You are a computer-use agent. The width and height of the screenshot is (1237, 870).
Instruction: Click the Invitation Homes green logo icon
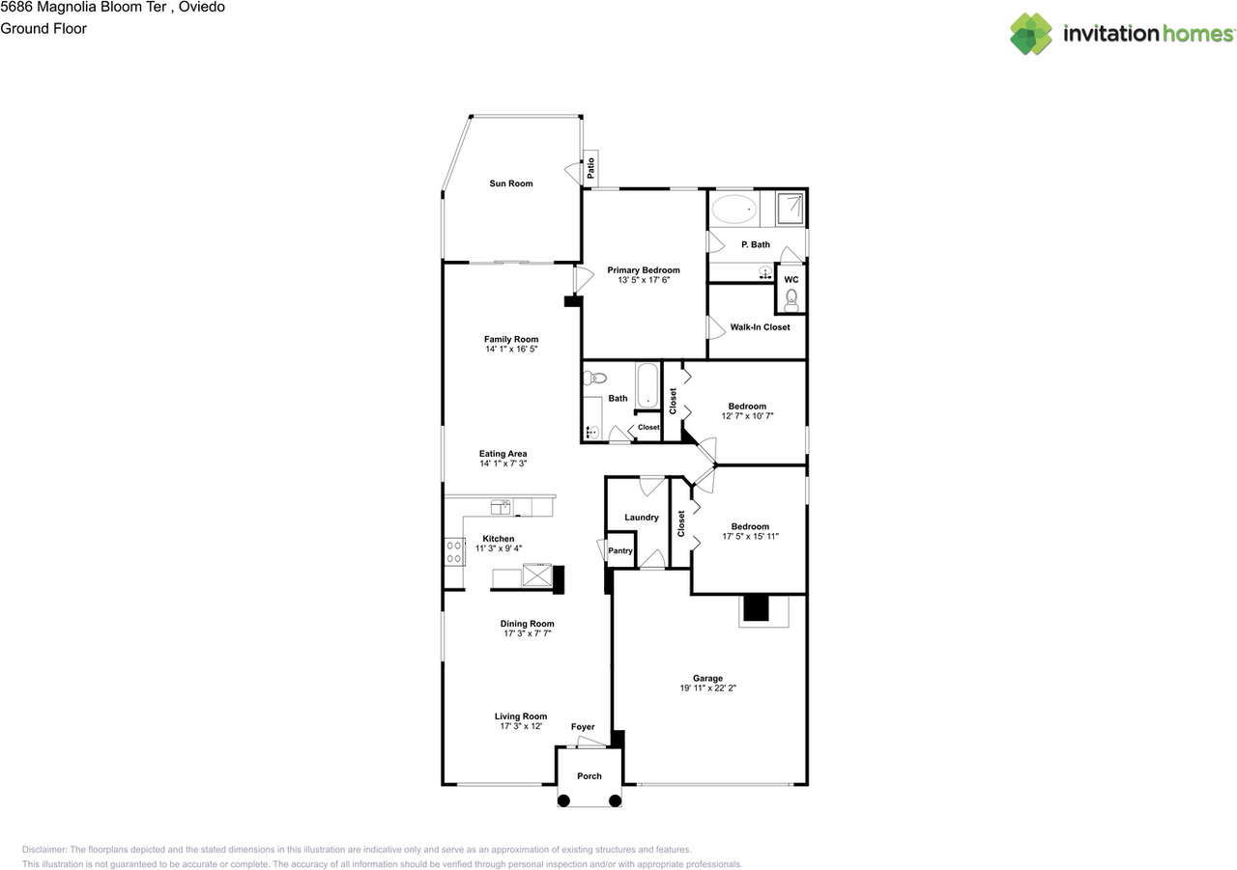coord(1031,34)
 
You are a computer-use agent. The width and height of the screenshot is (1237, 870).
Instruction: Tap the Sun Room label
coord(511,183)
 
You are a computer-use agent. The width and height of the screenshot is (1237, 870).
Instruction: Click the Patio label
coord(590,168)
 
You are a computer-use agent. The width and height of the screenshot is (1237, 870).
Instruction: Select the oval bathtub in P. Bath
coord(734,210)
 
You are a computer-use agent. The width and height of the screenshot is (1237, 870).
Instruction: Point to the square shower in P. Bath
coord(790,208)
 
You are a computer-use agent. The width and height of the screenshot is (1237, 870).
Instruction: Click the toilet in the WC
coord(791,300)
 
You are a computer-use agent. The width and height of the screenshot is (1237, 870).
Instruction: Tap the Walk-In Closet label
coord(760,327)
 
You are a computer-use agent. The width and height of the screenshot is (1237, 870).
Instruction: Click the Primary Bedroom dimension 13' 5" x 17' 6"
coord(644,280)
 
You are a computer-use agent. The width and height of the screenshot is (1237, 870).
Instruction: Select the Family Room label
coord(511,339)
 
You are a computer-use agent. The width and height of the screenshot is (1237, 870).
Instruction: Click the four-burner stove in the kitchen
coord(454,551)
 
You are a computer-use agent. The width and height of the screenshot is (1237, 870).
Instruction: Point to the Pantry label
coord(620,550)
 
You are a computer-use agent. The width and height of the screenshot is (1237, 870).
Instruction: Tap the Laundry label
coord(641,518)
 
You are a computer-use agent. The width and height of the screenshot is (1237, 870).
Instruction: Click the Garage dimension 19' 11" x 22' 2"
coord(707,688)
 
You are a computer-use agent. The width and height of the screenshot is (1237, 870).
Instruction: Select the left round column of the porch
coord(563,800)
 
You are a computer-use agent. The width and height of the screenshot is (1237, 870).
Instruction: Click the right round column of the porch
coord(615,800)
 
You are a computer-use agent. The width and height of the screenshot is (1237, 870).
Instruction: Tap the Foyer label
coord(583,727)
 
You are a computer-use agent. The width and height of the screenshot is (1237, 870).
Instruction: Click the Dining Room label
coord(527,624)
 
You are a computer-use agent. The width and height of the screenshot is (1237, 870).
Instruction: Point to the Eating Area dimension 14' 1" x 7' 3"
coord(503,463)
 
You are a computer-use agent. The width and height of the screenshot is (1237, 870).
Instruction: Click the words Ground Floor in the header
coord(43,29)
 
